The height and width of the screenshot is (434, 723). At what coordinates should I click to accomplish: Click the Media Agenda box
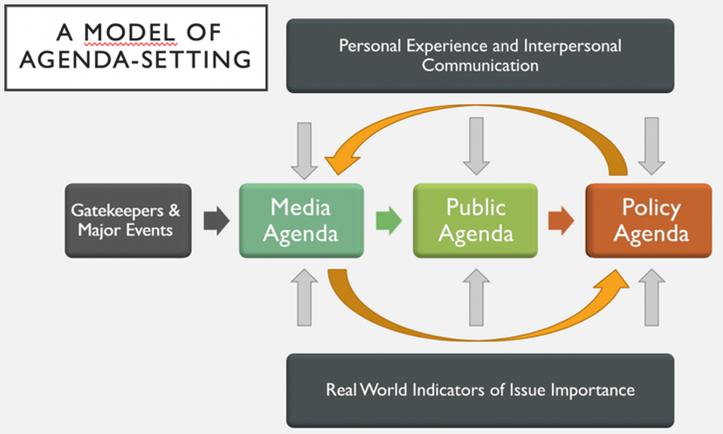(x=301, y=221)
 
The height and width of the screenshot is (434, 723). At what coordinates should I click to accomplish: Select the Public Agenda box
(x=475, y=221)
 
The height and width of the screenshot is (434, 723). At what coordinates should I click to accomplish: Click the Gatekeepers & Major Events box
(x=128, y=221)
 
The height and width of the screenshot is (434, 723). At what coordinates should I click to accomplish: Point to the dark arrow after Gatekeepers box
(x=216, y=221)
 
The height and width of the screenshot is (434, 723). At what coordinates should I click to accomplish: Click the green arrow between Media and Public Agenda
(x=389, y=221)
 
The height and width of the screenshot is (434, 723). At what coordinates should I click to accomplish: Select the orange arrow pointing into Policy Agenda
(x=560, y=221)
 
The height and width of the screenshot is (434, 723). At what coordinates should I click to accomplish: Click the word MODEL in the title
(x=130, y=32)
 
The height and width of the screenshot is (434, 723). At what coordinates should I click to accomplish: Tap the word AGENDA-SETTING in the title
(x=136, y=60)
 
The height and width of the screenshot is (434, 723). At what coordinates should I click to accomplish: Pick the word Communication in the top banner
(x=480, y=65)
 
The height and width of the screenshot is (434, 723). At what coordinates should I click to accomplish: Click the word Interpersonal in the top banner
(x=572, y=46)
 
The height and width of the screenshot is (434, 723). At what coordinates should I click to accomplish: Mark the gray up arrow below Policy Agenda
(x=651, y=297)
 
